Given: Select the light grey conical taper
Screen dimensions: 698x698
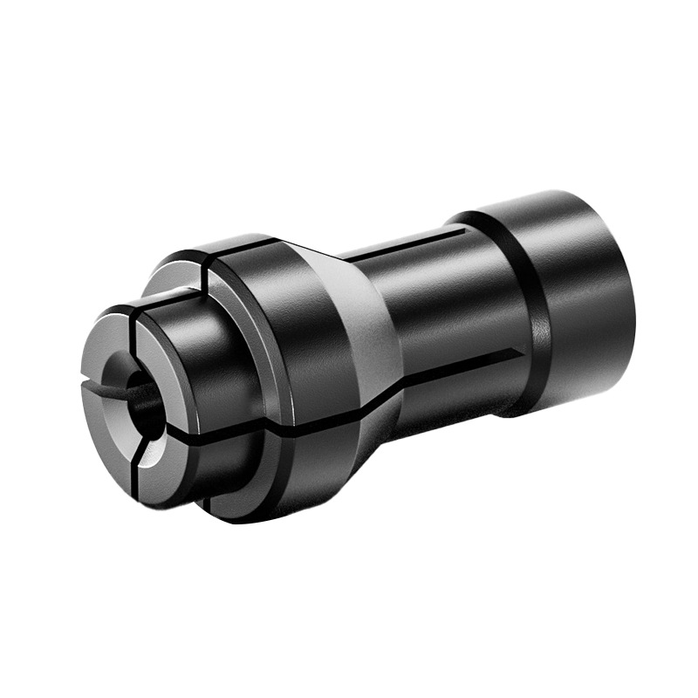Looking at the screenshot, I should tap(366, 340).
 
